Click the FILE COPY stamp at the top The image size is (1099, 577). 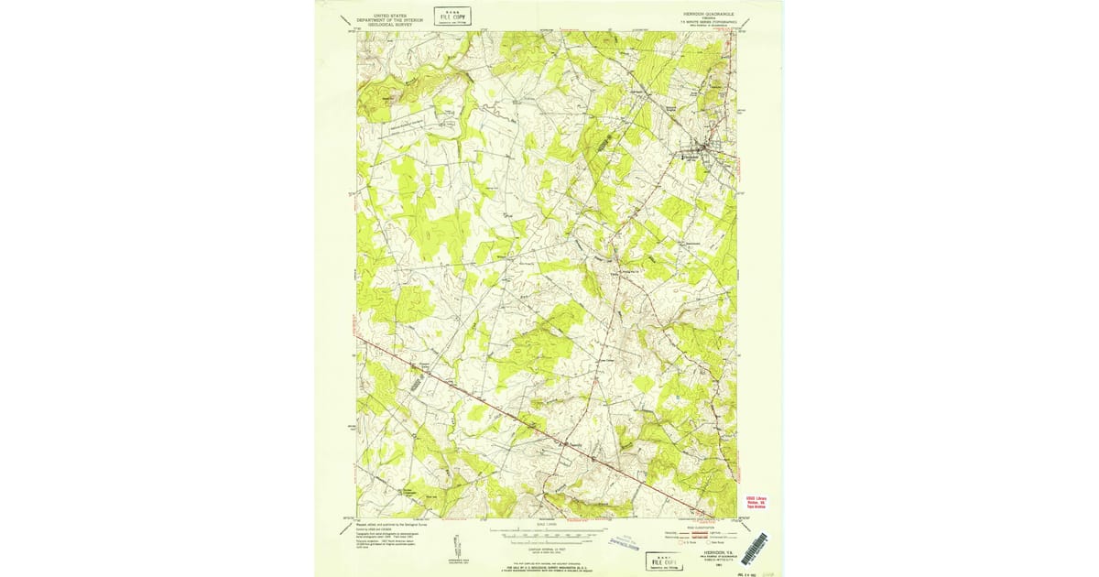[x=452, y=15]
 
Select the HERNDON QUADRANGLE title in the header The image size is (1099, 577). [x=708, y=15]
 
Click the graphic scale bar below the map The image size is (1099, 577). [x=548, y=530]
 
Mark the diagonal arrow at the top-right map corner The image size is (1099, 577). [x=738, y=29]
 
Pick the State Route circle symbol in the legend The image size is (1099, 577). [x=709, y=542]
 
